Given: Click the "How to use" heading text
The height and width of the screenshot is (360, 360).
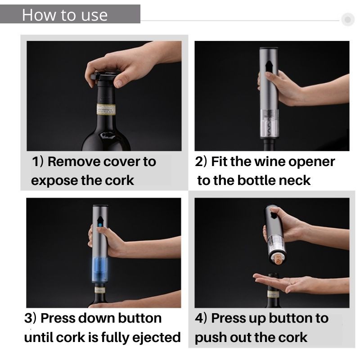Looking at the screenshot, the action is coord(65,15).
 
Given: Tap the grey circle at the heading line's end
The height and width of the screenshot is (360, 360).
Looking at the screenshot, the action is coord(347,19).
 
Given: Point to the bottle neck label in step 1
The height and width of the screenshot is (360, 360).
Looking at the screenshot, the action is coord(106,109).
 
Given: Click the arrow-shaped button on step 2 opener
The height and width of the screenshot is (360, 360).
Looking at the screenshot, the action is coord(269,66).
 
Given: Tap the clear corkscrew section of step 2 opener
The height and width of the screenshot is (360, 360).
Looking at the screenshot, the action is coord(269,124).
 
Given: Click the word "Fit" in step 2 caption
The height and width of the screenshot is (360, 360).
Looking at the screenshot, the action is coord(219,162).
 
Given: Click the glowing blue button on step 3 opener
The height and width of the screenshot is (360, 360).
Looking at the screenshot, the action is coord(100,225).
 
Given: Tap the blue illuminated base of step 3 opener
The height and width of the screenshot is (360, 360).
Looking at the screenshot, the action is coord(100,270).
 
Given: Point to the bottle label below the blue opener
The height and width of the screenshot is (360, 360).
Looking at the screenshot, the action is coord(100,289).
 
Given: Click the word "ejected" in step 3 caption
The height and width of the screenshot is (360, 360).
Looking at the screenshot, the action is coord(157,337).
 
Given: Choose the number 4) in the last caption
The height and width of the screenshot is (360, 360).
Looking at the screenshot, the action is coord(201,318).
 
